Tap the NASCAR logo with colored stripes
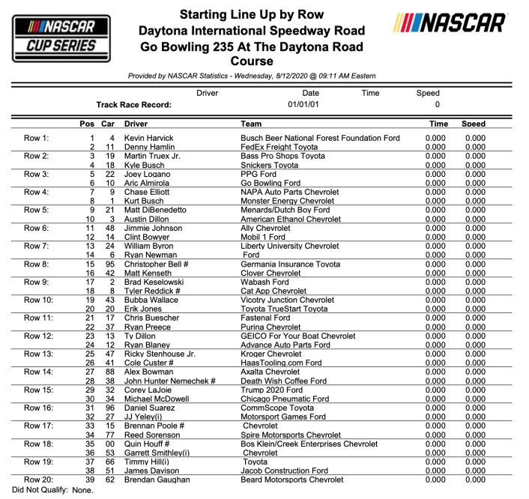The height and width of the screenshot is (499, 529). tap(449, 23)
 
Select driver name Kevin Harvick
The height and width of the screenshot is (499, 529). tap(148, 138)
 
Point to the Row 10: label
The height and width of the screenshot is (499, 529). tap(38, 300)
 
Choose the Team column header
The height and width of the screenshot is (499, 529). tap(251, 124)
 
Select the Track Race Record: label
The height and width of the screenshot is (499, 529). tap(134, 105)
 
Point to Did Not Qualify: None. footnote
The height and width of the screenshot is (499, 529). tap(47, 490)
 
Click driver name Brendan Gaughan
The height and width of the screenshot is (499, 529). tap(156, 480)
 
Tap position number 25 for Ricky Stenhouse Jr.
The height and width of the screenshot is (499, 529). tap(90, 354)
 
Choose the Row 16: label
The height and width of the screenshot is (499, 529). tap(38, 408)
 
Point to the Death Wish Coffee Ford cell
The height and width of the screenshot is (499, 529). tap(283, 381)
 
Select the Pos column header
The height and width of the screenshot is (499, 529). tap(87, 124)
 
